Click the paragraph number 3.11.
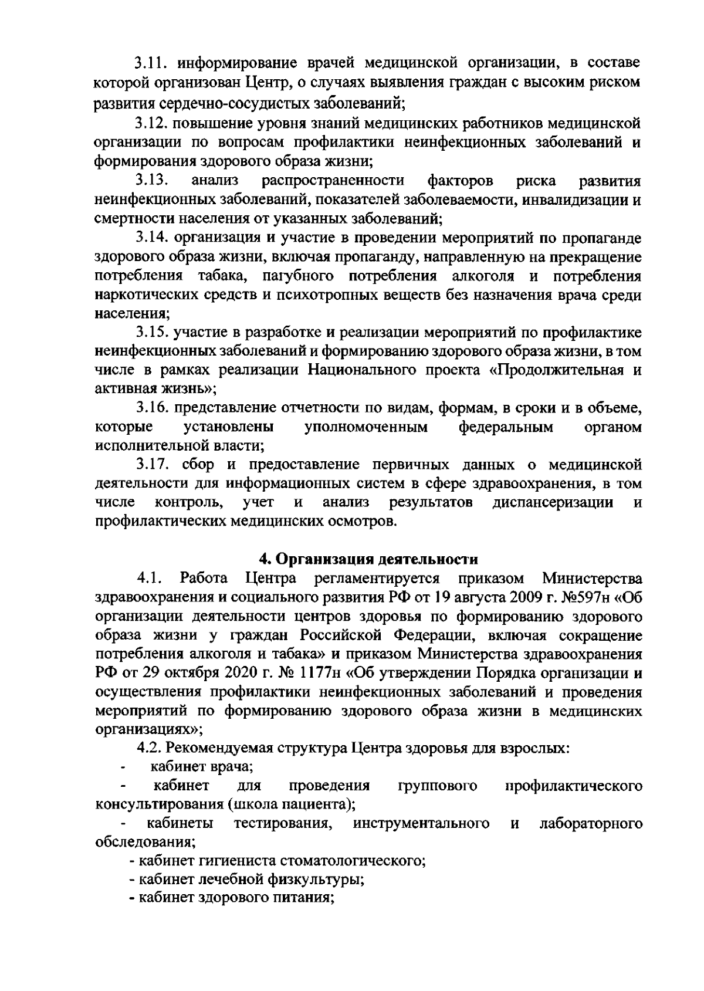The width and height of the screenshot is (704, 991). tap(151, 62)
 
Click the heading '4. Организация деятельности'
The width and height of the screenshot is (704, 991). tap(369, 559)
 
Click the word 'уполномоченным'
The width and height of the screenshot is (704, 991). tap(366, 427)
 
